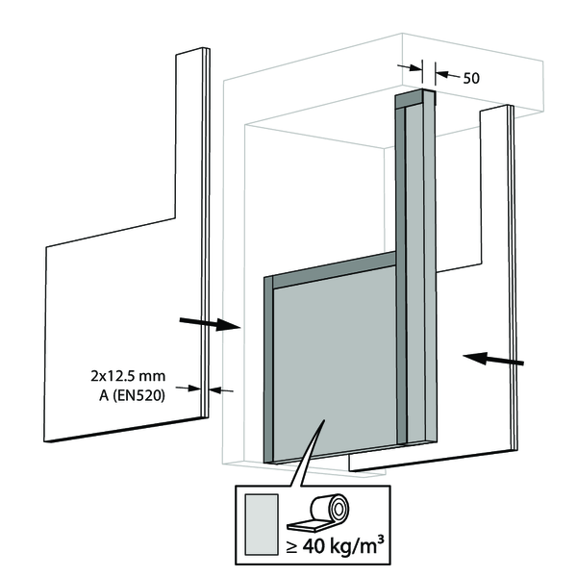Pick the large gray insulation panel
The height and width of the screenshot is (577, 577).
337,365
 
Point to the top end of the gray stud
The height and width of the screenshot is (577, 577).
414,97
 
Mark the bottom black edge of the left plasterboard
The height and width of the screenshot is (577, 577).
125,428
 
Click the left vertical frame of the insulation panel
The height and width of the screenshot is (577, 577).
269,370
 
